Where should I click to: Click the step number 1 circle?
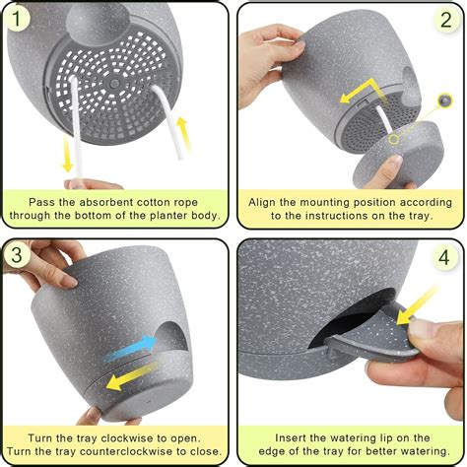coord(19,21)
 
